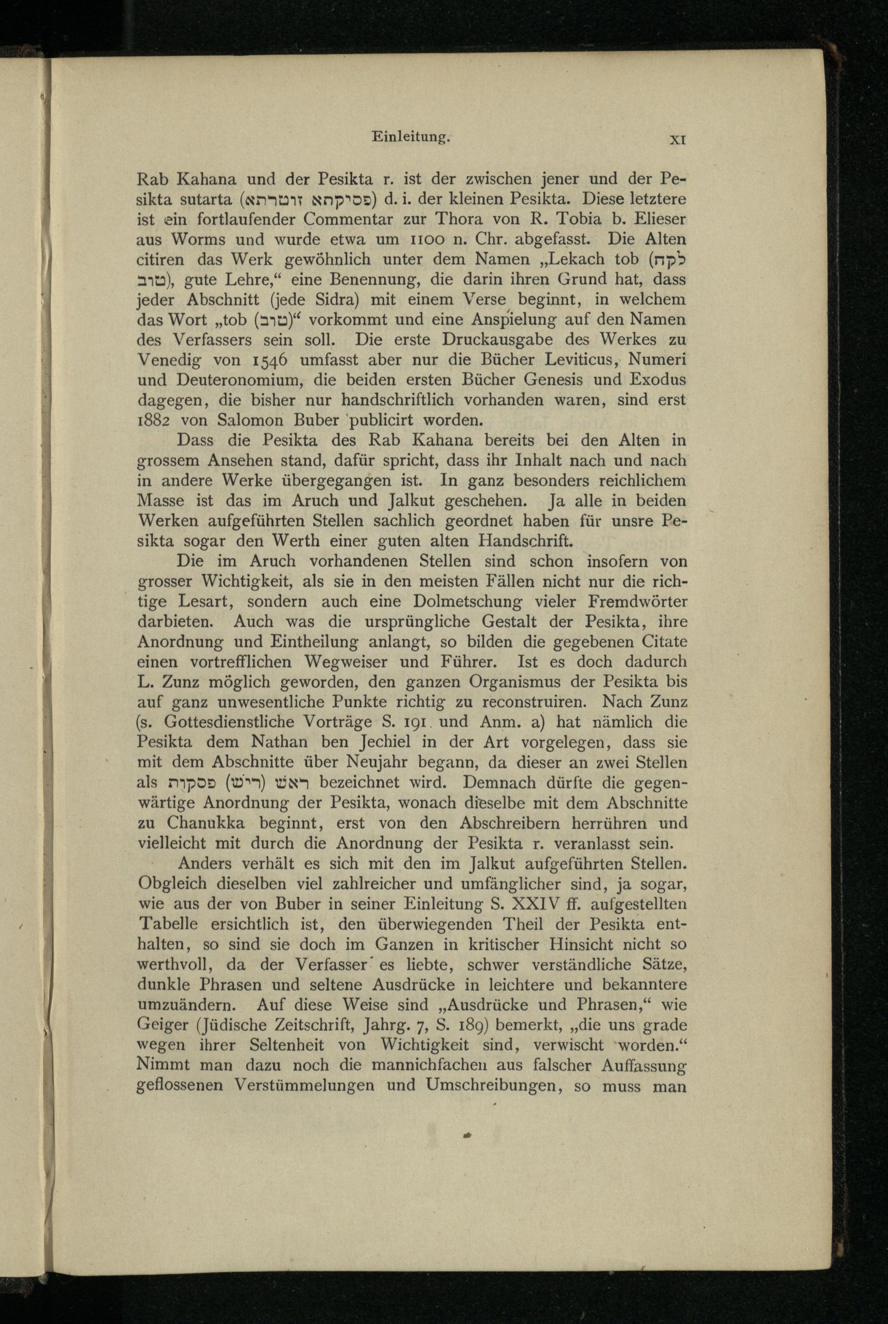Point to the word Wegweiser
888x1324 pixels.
pos(347,661)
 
